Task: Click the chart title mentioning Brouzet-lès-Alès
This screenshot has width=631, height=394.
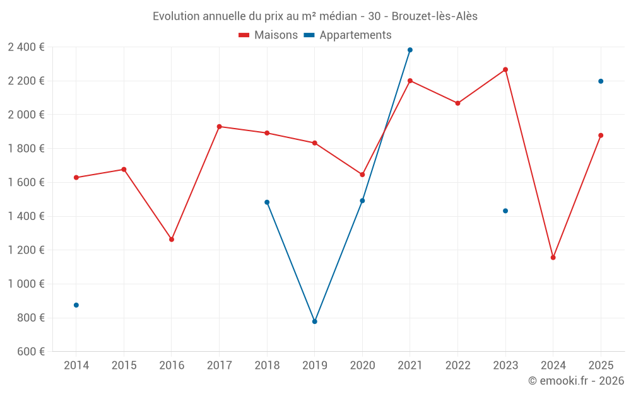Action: [x=315, y=16]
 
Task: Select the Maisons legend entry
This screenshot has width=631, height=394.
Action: [x=268, y=35]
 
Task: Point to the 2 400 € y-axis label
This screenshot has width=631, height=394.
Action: [x=26, y=47]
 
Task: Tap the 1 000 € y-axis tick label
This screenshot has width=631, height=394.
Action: [x=26, y=284]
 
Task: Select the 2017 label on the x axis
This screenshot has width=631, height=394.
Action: [x=219, y=366]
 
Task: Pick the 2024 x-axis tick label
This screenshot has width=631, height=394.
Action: [x=553, y=366]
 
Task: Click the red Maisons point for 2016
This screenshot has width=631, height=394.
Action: [x=172, y=240]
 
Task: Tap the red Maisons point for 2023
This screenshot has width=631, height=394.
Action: [x=505, y=69]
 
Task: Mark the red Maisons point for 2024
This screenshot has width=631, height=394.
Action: [x=553, y=257]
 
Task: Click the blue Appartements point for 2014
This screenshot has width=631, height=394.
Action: [x=76, y=305]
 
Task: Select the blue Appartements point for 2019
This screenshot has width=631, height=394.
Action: [x=315, y=322]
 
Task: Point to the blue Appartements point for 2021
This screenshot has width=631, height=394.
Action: [x=410, y=50]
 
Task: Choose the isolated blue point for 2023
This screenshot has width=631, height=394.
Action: [x=505, y=211]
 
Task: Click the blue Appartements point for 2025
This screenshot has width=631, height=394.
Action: [x=601, y=81]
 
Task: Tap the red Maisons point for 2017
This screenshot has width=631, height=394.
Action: [x=219, y=127]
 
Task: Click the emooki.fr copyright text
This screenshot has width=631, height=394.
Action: [x=575, y=381]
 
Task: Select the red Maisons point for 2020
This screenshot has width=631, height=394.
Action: [x=362, y=175]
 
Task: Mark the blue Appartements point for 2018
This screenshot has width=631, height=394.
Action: [x=267, y=202]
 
